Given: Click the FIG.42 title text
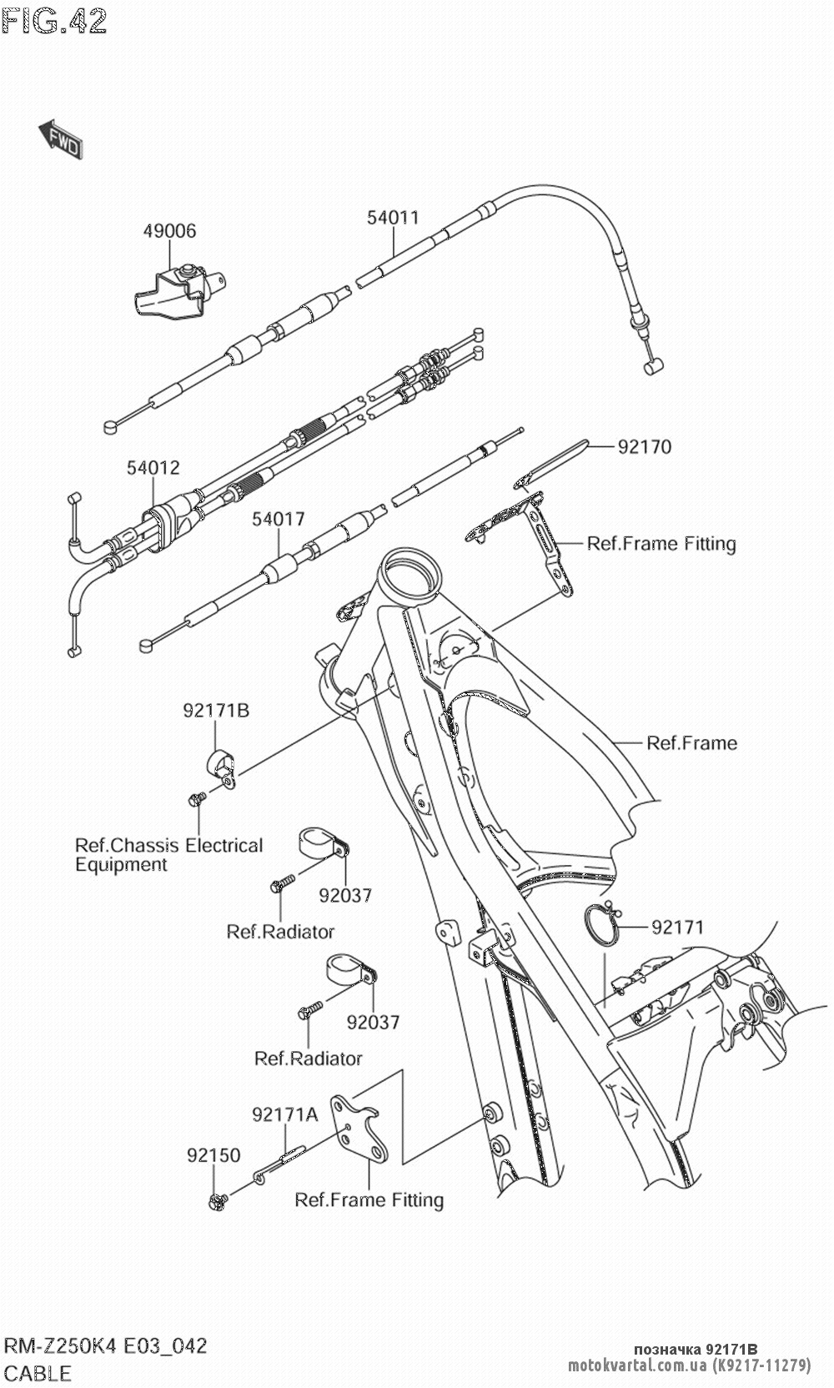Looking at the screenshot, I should click(x=54, y=20).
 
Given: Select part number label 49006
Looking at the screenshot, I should click(x=168, y=231).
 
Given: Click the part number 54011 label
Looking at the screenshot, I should click(x=393, y=218).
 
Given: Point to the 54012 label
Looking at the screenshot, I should click(x=153, y=468).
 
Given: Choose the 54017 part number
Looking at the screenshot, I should click(x=279, y=519).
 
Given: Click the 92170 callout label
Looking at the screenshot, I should click(x=644, y=447).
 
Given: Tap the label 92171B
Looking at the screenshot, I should click(x=216, y=711).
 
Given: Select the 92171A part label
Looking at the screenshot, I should click(x=285, y=1114).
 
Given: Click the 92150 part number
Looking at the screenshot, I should click(x=214, y=1155).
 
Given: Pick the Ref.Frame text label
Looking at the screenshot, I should click(x=692, y=742).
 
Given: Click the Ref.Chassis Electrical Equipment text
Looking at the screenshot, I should click(x=168, y=855).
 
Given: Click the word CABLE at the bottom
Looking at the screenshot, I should click(x=38, y=1372).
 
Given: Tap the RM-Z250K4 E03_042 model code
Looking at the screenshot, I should click(x=106, y=1345).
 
